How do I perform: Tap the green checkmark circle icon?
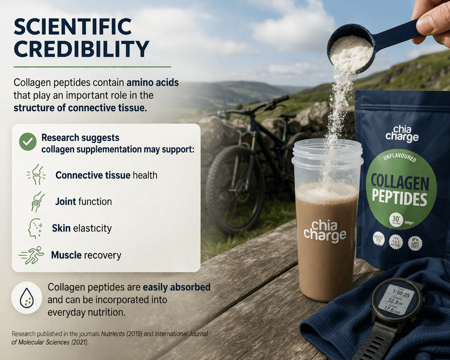click(x=28, y=142)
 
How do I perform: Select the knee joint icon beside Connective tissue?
click(x=36, y=175)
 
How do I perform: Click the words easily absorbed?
click(x=177, y=287)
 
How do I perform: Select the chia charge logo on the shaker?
click(x=325, y=230)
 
